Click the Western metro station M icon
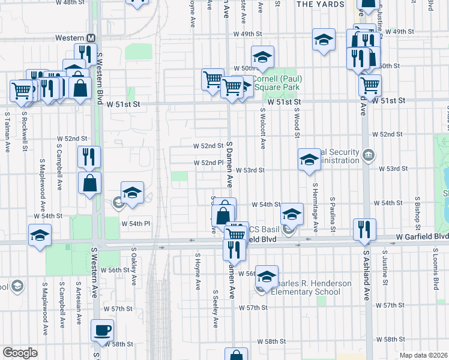point(91,37)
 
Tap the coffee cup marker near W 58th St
point(102,329)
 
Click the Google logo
point(20,353)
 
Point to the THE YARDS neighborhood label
point(321,4)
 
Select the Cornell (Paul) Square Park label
point(277,83)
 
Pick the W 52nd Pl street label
point(209,163)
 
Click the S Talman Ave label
point(8,129)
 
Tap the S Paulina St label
point(332,217)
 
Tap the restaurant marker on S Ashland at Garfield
point(365,229)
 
